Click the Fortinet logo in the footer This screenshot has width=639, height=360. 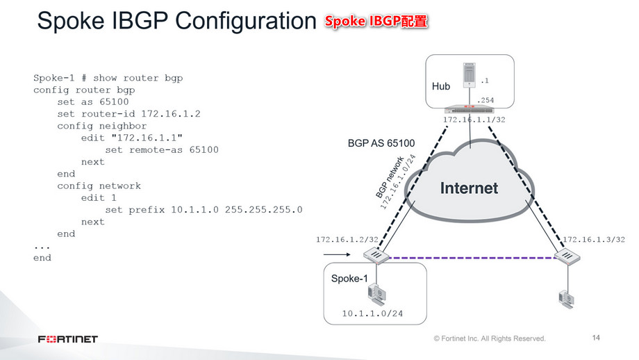click(x=68, y=339)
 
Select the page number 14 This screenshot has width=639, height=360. click(x=596, y=338)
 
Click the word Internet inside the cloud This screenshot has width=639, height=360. click(x=469, y=188)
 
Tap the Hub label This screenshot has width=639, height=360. click(x=441, y=87)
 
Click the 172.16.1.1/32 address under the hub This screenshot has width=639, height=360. click(x=474, y=120)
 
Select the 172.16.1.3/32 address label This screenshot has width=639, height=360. click(x=594, y=239)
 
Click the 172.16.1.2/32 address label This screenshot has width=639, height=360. click(x=347, y=239)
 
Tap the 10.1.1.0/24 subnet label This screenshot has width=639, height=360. click(x=372, y=313)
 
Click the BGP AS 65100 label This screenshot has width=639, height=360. click(x=381, y=144)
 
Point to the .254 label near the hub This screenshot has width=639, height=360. click(x=486, y=100)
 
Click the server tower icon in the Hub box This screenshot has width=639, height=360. click(x=470, y=76)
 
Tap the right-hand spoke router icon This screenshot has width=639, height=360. click(x=567, y=258)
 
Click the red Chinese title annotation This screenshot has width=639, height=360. click(x=376, y=22)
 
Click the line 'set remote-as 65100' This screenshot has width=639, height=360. click(x=161, y=150)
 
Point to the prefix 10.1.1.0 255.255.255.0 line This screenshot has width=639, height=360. click(x=204, y=210)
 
